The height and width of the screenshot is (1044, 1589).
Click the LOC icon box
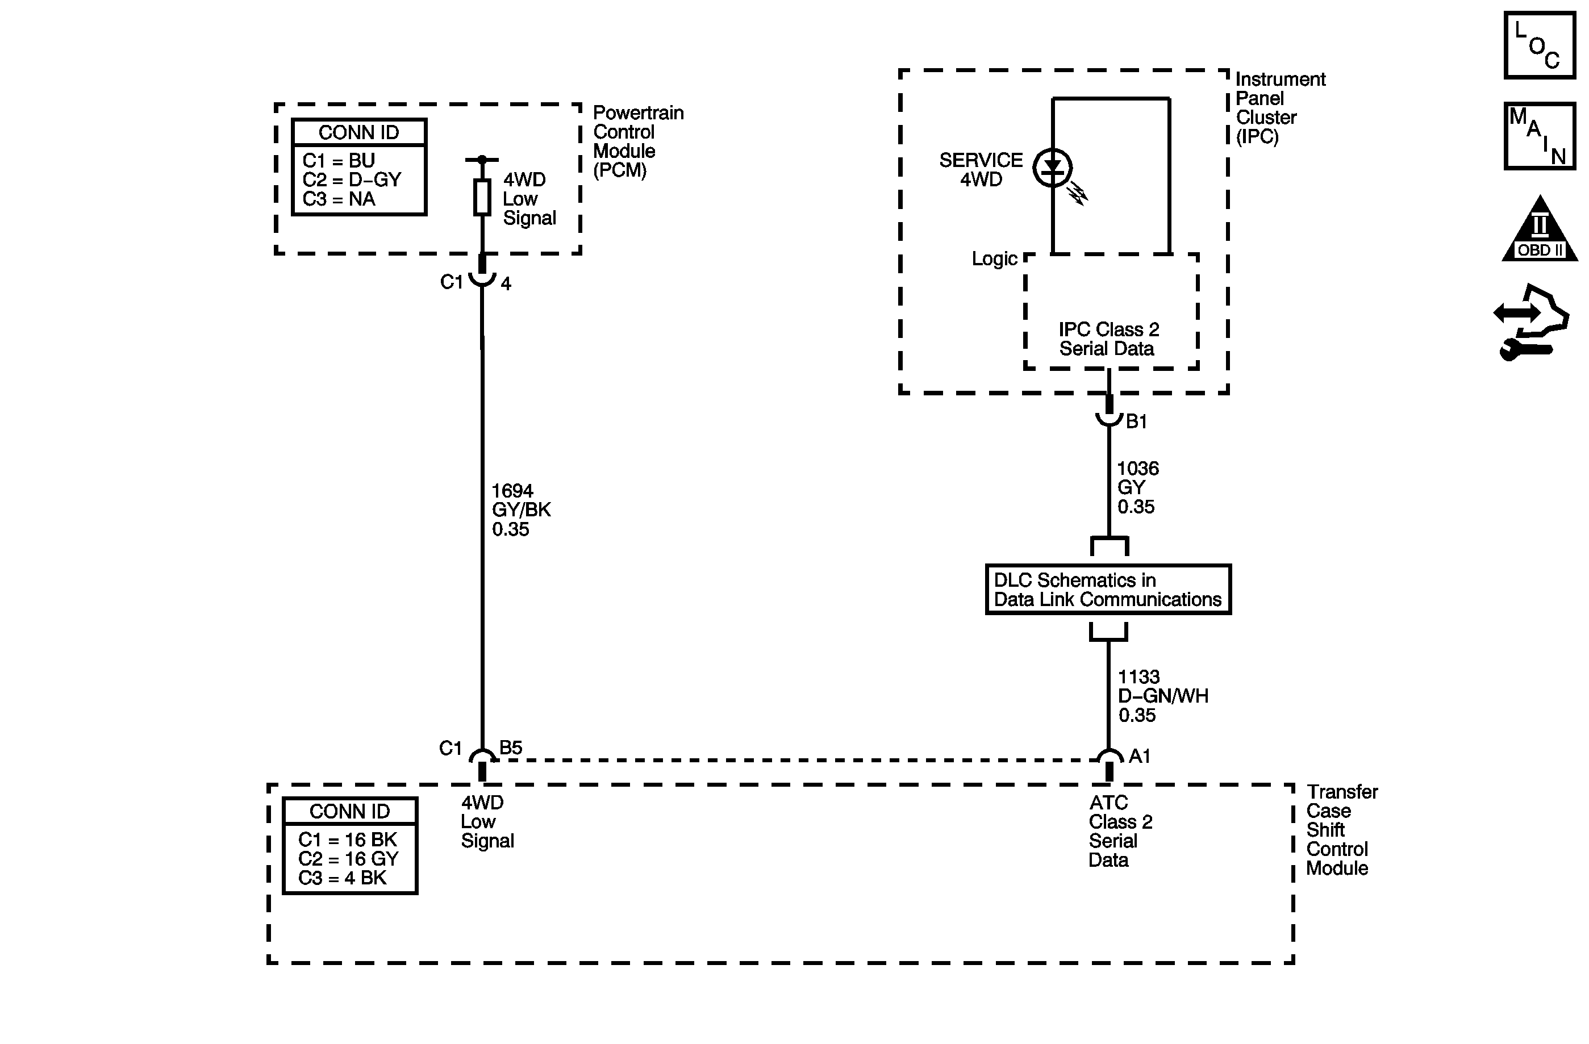(x=1539, y=45)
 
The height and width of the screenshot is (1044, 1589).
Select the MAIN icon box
(x=1539, y=136)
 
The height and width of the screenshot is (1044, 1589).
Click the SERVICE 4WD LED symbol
(x=1052, y=168)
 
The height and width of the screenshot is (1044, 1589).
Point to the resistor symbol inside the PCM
(x=482, y=198)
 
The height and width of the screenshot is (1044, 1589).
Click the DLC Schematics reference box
(x=1108, y=590)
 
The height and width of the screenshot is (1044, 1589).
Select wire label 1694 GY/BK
(x=521, y=510)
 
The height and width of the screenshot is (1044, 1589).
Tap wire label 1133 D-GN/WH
(x=1162, y=696)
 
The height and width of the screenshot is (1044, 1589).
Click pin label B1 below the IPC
(x=1136, y=421)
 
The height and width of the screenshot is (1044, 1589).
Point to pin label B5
(x=511, y=747)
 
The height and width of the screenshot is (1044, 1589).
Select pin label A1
(x=1140, y=755)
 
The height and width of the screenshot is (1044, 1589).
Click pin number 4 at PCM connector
(x=506, y=283)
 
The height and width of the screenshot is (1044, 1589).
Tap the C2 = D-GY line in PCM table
(x=352, y=179)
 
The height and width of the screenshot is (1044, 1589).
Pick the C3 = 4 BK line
(x=342, y=878)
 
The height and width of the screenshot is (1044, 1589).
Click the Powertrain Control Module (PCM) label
(x=637, y=141)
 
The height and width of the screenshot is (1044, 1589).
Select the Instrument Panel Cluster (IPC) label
(x=1279, y=108)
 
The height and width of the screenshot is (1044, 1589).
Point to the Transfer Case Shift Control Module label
(x=1341, y=830)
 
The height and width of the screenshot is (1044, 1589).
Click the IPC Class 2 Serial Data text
(x=1108, y=339)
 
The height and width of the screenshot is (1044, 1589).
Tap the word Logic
(x=994, y=259)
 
